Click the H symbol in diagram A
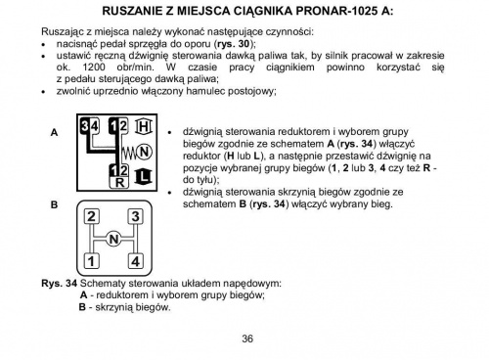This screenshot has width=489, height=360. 144,128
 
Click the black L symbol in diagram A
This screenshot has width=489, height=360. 144,176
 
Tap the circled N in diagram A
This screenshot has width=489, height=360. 144,152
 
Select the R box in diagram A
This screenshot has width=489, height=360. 119,183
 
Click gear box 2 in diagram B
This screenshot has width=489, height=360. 91,217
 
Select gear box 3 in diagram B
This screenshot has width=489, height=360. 135,217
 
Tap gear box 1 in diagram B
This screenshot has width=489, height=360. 91,261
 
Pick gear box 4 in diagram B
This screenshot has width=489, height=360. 135,261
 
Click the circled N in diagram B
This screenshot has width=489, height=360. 113,240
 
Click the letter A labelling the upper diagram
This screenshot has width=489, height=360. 55,132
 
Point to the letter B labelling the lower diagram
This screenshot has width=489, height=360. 55,205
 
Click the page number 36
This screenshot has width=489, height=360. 247,338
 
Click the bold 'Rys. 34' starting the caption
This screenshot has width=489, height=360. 58,283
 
